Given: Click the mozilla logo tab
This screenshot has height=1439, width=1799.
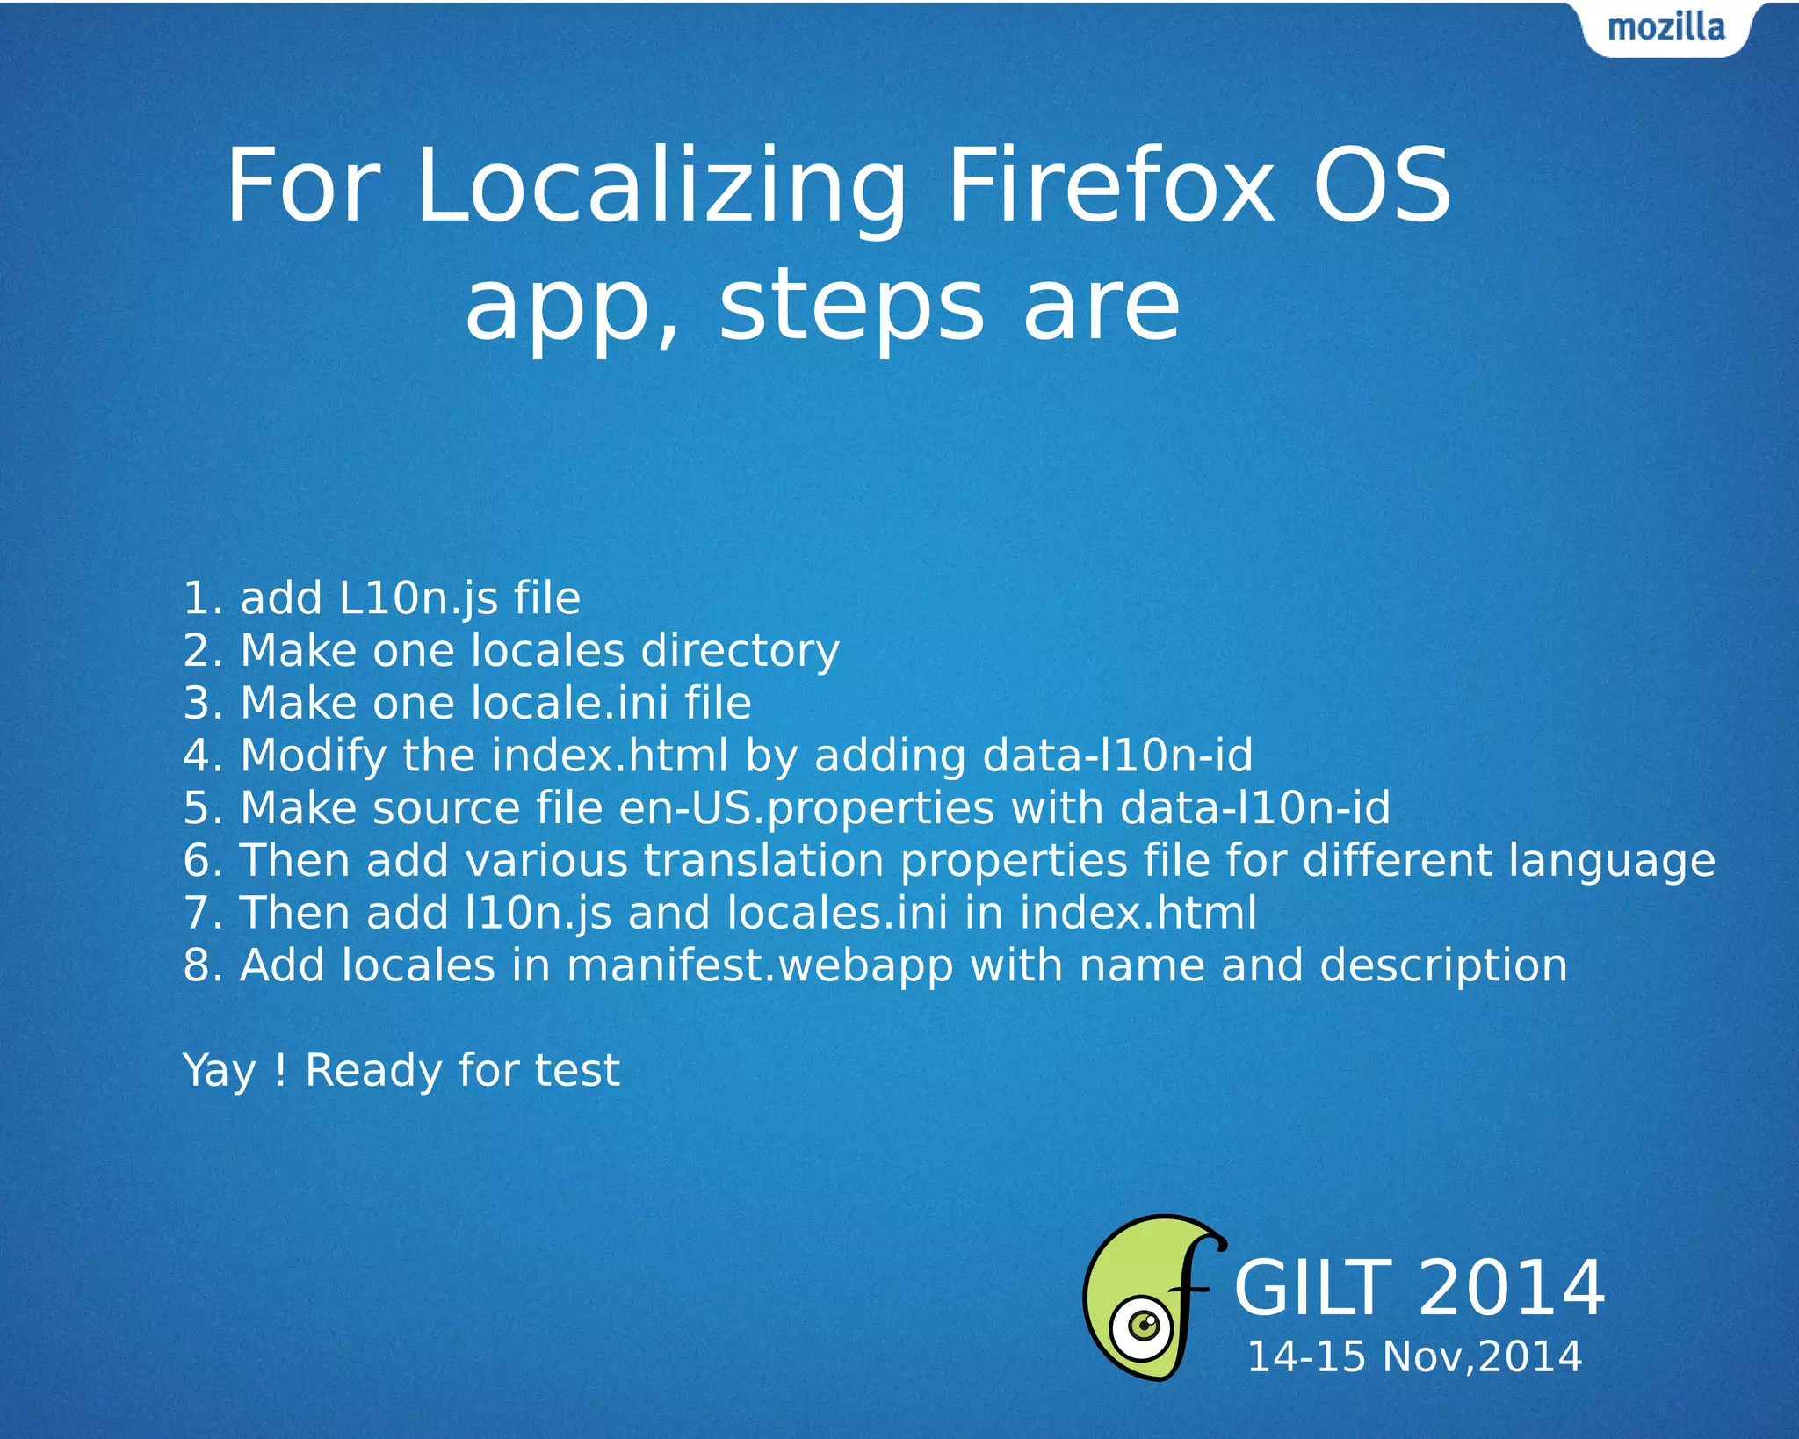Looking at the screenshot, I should (1665, 28).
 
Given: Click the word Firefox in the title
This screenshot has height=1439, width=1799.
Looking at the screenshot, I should (1110, 186).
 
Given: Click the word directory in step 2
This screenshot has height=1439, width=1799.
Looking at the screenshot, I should (740, 652).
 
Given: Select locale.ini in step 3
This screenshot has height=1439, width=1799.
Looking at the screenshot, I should (569, 703).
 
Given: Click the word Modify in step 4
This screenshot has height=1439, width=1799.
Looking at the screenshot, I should (314, 756).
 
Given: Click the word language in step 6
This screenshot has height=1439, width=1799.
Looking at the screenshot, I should (1611, 862).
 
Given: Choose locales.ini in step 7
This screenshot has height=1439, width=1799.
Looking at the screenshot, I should (838, 913).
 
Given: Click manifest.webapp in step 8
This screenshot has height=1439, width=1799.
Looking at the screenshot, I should (760, 966).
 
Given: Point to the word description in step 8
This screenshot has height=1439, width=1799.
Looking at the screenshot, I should (1443, 966).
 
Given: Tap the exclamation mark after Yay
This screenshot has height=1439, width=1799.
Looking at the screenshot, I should (280, 1070).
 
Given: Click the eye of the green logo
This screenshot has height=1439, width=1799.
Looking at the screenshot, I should (1143, 1325).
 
